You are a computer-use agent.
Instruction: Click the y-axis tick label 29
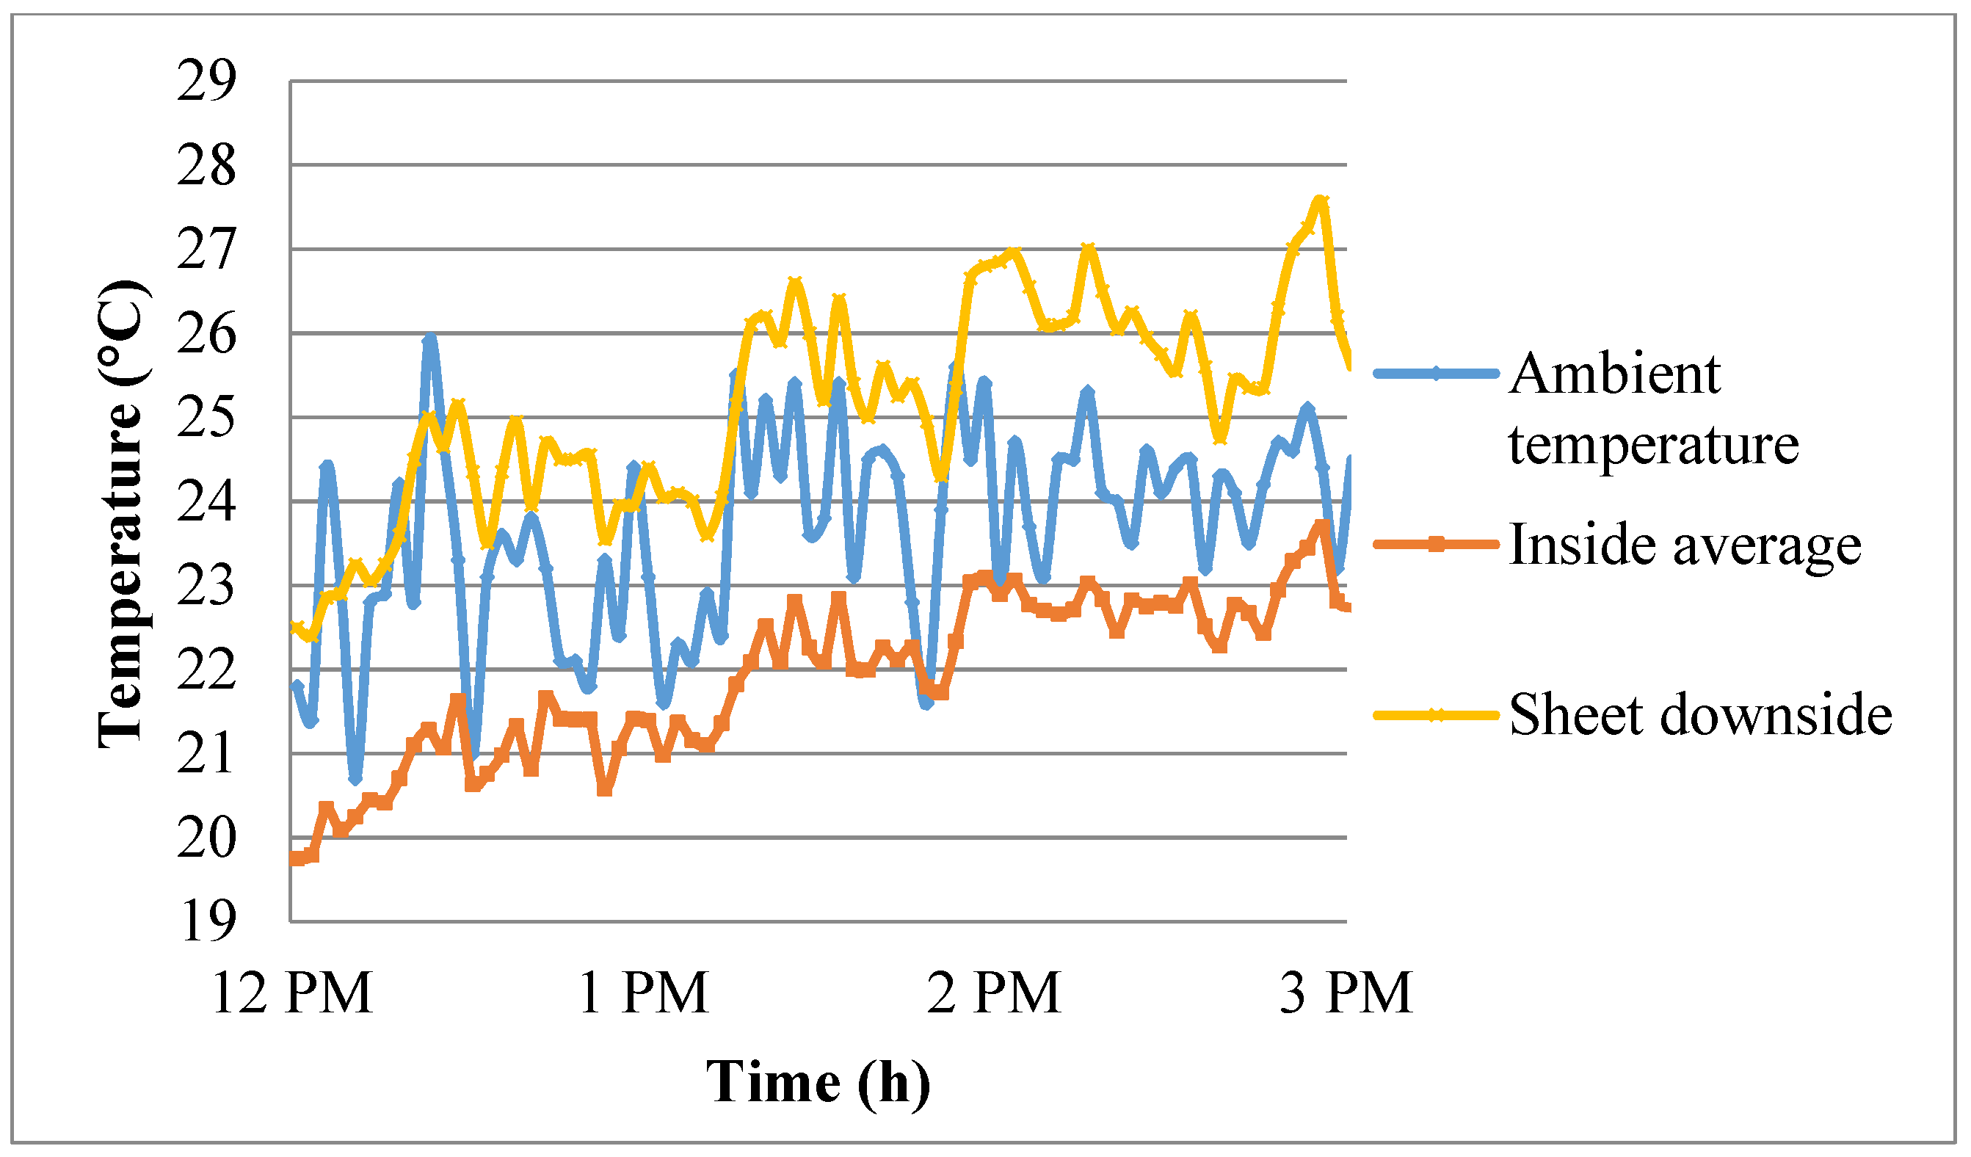tap(206, 81)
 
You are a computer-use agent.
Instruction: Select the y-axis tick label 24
tap(206, 502)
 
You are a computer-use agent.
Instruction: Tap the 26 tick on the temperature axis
tap(206, 334)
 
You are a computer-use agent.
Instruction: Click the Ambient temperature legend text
tap(1652, 408)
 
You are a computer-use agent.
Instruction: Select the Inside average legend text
tap(1684, 545)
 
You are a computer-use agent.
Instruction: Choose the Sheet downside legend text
tap(1699, 715)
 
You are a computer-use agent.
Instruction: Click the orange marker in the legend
tap(1436, 545)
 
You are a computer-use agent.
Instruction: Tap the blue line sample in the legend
tap(1436, 374)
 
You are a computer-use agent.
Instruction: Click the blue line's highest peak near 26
tap(429, 338)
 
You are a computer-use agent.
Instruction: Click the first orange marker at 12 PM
tap(297, 859)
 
